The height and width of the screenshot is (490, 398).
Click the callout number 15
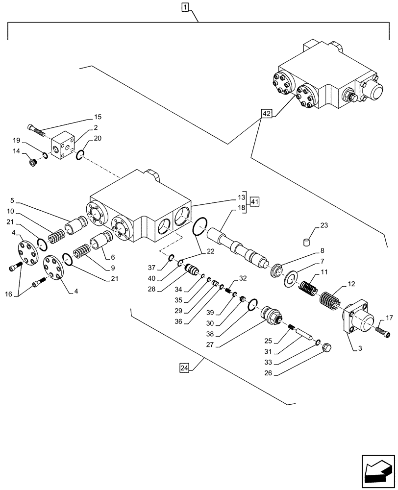pos(98,117)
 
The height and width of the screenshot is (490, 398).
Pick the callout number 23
pos(324,225)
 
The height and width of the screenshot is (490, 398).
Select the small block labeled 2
pos(63,146)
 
